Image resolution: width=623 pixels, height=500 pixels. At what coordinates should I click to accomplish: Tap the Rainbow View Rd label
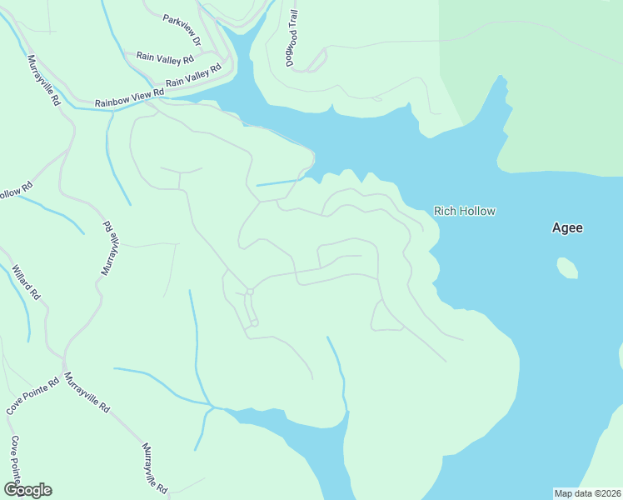point(128,97)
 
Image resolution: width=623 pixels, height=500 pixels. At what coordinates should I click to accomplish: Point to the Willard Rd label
point(26,282)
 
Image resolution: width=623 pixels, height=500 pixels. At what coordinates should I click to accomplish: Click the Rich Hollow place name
point(465,211)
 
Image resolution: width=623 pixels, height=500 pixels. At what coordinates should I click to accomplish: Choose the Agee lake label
point(567,227)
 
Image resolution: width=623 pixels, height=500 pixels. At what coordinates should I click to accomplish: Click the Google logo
point(27,490)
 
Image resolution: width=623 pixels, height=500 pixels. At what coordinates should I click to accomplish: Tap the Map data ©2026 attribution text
point(586,492)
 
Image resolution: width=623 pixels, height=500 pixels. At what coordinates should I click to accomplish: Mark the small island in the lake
point(567,267)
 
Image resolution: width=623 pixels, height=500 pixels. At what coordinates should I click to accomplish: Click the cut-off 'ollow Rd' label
point(15,191)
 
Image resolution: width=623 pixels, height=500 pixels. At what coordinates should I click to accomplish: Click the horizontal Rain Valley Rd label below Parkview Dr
point(165,59)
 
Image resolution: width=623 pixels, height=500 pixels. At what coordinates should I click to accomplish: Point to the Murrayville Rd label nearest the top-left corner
point(44,80)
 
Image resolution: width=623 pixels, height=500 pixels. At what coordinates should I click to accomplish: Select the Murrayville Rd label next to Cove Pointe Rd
point(87,392)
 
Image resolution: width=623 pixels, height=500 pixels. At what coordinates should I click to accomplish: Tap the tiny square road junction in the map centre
point(249,292)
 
